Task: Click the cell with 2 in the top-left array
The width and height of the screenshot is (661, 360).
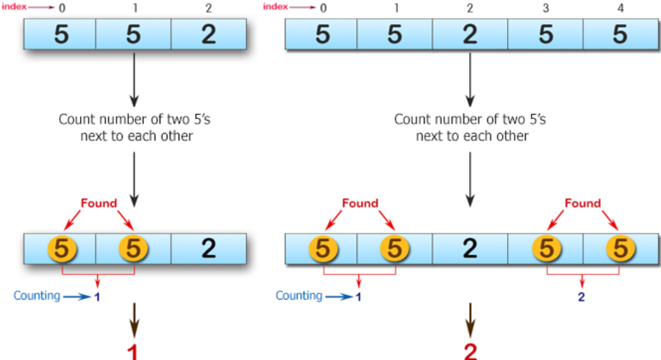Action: coord(208,34)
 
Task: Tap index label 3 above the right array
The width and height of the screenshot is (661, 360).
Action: coord(545,9)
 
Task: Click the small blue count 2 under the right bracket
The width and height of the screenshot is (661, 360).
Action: coord(581,297)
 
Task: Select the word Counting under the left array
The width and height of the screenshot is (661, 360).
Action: coord(37,295)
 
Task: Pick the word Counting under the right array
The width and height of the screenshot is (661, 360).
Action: coord(299,295)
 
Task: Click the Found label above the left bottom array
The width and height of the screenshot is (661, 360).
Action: coord(99,203)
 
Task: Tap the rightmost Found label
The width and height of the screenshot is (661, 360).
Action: coord(582,203)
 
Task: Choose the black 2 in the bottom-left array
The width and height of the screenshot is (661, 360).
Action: coord(208,249)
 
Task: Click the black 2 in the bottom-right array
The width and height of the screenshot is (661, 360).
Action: coord(470,249)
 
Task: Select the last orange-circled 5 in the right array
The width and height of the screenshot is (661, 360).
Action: coord(619,249)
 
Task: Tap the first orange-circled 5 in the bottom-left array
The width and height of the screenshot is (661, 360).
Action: coord(61,249)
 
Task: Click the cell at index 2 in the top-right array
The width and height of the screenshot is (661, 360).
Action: coord(470,34)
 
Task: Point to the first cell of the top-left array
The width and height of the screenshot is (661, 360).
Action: coord(60,34)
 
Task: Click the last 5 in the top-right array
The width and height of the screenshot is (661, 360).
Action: coord(619,34)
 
